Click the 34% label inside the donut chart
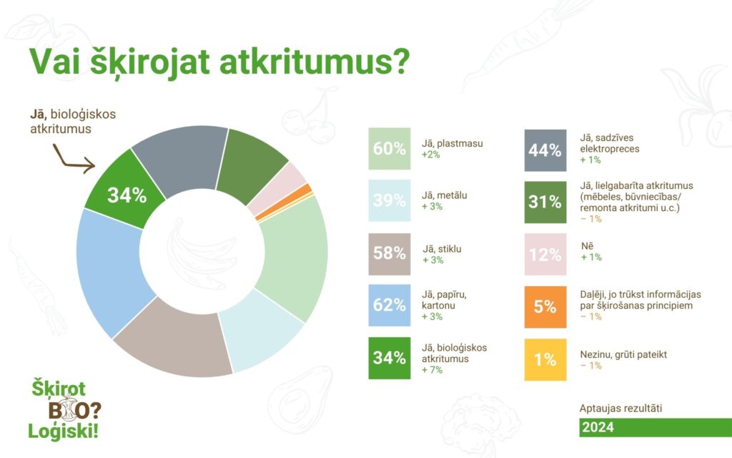(127, 195)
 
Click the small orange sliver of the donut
(284, 202)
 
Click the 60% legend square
(390, 149)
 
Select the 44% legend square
(545, 150)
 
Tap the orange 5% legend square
(545, 307)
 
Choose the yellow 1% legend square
(545, 360)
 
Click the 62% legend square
(390, 305)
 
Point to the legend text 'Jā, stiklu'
(442, 249)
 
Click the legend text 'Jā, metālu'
(444, 195)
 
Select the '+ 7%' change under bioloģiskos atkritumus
(432, 370)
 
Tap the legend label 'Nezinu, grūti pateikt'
(623, 355)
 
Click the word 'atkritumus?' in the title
(315, 62)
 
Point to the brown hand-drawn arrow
(70, 160)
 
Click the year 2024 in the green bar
(598, 427)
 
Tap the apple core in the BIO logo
(69, 407)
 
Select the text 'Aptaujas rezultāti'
(620, 408)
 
